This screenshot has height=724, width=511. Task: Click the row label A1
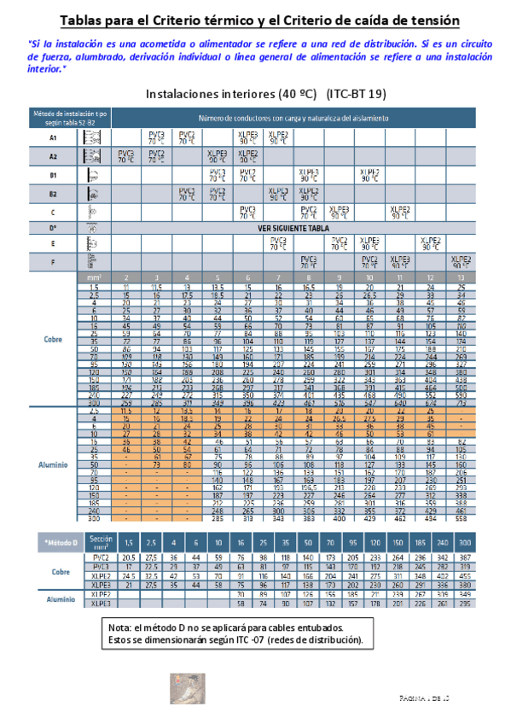pos(53,137)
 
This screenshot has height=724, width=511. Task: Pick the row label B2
pos(53,193)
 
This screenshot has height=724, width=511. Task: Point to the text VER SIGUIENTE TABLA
pos(293,229)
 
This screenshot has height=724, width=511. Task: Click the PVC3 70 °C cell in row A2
pos(126,156)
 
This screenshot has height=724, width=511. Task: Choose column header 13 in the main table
pos(462,277)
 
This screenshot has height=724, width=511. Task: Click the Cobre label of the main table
pos(53,338)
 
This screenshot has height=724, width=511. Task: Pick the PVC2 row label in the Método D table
pos(100,557)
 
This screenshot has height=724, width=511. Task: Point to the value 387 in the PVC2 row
pos(463,557)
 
